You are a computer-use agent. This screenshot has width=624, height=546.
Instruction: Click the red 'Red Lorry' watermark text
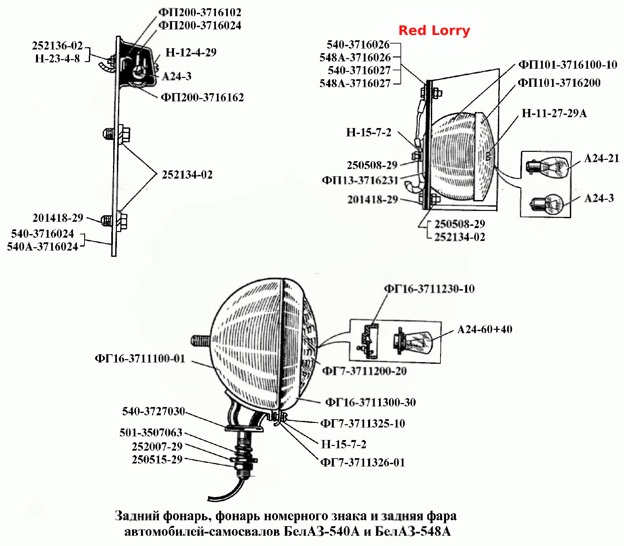(x=434, y=30)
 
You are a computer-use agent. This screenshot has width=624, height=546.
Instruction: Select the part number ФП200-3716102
(x=200, y=13)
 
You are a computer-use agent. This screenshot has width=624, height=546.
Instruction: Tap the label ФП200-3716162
(x=202, y=97)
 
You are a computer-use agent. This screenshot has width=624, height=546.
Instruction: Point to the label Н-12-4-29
(x=191, y=52)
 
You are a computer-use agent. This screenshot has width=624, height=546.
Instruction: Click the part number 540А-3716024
(x=43, y=247)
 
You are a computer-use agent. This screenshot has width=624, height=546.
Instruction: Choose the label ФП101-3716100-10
(x=568, y=64)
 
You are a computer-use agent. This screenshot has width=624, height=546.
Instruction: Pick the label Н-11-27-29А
(x=554, y=113)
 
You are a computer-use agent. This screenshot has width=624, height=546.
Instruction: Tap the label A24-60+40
(x=485, y=329)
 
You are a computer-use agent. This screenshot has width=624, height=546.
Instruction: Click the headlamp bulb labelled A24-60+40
(x=413, y=341)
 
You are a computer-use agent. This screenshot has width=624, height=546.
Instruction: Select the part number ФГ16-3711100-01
(x=140, y=358)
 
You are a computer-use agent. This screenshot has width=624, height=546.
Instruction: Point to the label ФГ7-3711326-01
(x=363, y=462)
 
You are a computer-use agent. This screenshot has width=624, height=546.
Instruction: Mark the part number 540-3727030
(x=154, y=411)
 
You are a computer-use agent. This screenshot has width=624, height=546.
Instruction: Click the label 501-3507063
(x=151, y=432)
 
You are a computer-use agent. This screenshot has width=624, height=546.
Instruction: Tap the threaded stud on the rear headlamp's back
(x=201, y=340)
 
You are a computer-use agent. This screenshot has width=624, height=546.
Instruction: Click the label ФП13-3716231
(x=360, y=180)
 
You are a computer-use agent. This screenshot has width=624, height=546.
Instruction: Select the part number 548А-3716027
(x=355, y=83)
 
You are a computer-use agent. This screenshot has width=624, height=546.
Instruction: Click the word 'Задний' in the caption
(x=137, y=516)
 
